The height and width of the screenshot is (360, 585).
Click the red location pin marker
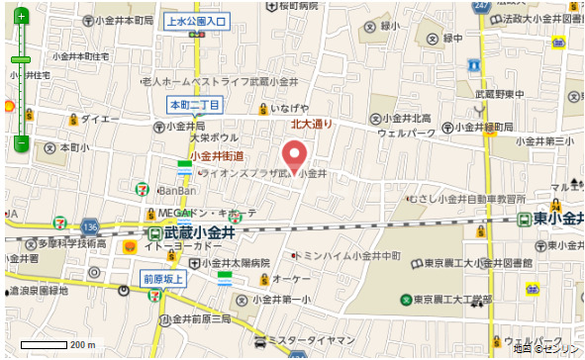click(x=293, y=156)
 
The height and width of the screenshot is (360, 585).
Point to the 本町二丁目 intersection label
click(x=196, y=104)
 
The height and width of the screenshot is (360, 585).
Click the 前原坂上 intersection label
click(x=163, y=279)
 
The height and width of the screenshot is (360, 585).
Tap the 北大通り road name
click(x=312, y=125)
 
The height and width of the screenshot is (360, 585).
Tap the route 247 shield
click(x=481, y=6)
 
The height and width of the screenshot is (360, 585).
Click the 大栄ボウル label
click(x=216, y=137)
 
